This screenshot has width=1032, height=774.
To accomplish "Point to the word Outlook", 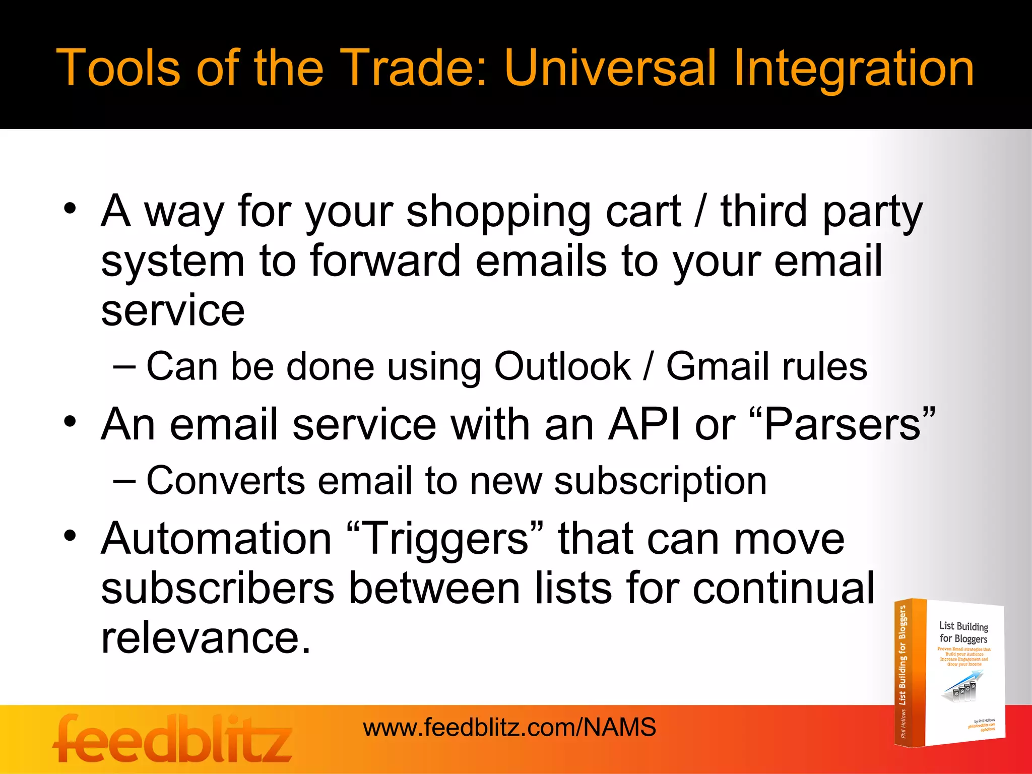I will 562,366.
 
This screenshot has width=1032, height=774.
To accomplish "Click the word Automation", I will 216,538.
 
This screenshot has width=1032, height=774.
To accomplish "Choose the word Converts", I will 226,480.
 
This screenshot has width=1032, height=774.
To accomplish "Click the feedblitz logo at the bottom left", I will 172,739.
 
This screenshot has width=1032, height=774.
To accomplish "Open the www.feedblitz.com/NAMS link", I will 509,728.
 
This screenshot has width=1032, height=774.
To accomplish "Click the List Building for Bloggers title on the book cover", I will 963,632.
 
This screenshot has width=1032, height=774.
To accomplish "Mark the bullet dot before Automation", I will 70,536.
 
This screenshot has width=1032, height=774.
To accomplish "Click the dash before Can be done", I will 124,366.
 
